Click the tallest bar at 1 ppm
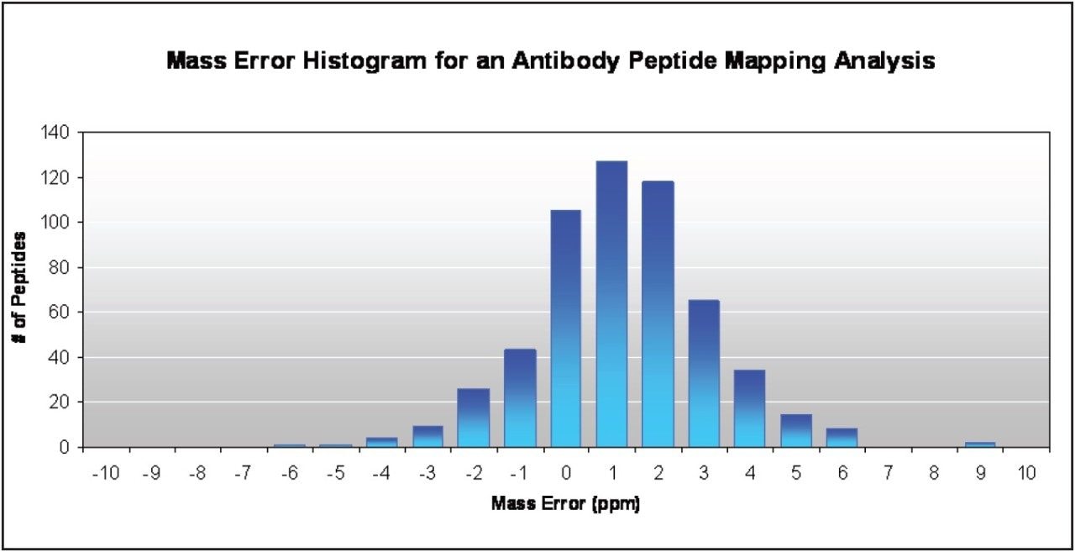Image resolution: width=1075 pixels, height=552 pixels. (x=612, y=304)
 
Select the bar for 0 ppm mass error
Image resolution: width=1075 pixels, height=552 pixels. (x=566, y=329)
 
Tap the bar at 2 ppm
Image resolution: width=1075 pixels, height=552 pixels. (x=658, y=314)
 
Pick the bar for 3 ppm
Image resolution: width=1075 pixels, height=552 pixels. (x=704, y=373)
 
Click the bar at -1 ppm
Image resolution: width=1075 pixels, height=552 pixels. (x=520, y=398)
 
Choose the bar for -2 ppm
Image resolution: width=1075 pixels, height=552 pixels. (x=474, y=418)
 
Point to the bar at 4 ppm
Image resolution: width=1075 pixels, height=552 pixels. (x=750, y=408)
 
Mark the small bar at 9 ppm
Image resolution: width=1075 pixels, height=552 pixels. (x=980, y=444)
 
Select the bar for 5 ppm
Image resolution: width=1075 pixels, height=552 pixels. (x=796, y=430)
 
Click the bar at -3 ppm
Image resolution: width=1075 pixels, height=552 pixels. (x=427, y=436)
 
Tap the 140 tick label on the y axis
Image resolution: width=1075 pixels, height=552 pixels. (x=55, y=133)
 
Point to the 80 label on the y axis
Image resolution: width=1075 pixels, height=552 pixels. (x=60, y=267)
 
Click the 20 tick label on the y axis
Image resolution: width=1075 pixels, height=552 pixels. (x=60, y=402)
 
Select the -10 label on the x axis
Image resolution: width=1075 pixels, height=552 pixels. (x=105, y=473)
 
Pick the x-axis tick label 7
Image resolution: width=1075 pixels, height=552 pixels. (x=888, y=473)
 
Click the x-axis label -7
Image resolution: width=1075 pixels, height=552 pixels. (x=243, y=473)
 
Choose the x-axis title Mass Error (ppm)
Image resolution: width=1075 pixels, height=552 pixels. (x=566, y=503)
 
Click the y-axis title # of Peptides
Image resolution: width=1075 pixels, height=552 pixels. (x=18, y=287)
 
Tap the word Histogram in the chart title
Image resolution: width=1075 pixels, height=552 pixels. (x=364, y=61)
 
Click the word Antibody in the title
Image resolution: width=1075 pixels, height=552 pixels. (x=565, y=61)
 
